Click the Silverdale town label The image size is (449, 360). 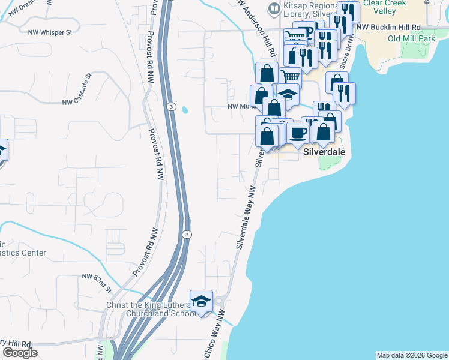click(324, 152)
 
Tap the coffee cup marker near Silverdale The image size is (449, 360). click(298, 133)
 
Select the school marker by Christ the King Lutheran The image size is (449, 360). click(202, 301)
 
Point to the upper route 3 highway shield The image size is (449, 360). click(171, 107)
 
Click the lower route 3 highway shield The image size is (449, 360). click(187, 235)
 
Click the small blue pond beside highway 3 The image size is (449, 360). click(185, 110)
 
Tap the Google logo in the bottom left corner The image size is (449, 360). click(20, 353)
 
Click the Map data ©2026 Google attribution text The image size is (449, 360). click(412, 355)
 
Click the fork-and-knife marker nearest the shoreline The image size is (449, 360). click(344, 92)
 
